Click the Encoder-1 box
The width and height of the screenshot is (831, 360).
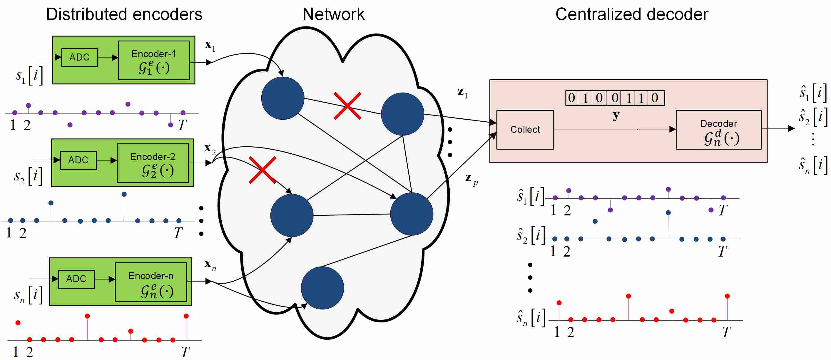[154, 60]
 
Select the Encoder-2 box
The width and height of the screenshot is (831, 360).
[153, 163]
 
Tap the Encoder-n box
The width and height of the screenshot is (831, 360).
[151, 282]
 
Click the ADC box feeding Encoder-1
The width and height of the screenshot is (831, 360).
[79, 57]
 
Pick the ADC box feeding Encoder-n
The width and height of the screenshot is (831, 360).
[76, 279]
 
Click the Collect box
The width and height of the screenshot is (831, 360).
[525, 130]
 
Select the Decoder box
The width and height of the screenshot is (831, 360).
[718, 130]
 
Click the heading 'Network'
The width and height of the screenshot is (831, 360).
[334, 14]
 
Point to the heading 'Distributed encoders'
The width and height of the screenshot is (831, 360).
[124, 14]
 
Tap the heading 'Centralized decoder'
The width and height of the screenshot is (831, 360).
[632, 14]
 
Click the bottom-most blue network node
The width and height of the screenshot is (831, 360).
[322, 288]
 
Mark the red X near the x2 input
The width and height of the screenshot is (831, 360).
[262, 170]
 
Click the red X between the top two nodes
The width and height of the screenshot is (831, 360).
[347, 106]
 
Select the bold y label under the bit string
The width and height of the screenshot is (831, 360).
[616, 115]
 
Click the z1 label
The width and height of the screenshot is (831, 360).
[463, 93]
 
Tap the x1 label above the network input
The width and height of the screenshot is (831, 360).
[210, 46]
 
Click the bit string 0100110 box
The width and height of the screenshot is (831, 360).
[615, 98]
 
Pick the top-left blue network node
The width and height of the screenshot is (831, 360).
[282, 98]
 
